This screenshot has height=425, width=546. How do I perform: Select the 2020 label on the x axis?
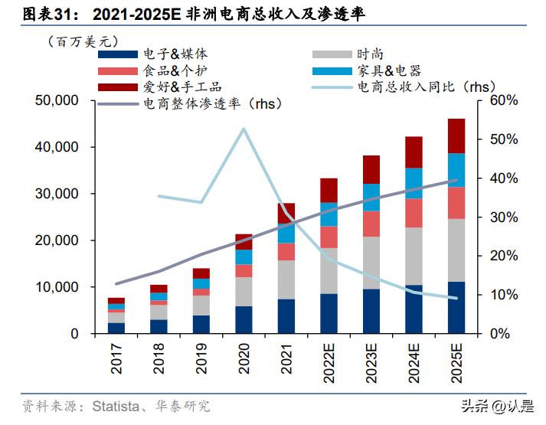coord(244,358)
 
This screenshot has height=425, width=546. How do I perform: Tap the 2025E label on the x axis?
coord(456,362)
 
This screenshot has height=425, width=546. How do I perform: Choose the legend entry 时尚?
coord(369,54)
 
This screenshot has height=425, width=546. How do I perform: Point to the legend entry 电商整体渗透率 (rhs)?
coord(211,103)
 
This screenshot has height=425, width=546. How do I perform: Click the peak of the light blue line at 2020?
coord(244,129)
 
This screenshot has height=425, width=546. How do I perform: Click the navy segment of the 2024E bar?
coord(414,309)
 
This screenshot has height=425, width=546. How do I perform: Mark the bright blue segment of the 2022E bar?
coord(329,214)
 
